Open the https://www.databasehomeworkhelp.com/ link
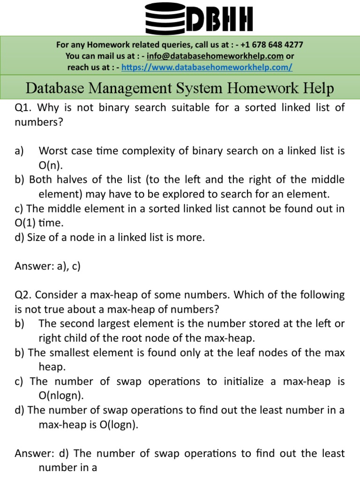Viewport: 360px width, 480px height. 207,67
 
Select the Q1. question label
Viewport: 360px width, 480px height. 23,108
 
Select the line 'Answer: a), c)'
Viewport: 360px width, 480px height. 48,266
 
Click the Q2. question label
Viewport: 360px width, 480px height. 23,295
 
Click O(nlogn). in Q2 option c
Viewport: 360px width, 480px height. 61,396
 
